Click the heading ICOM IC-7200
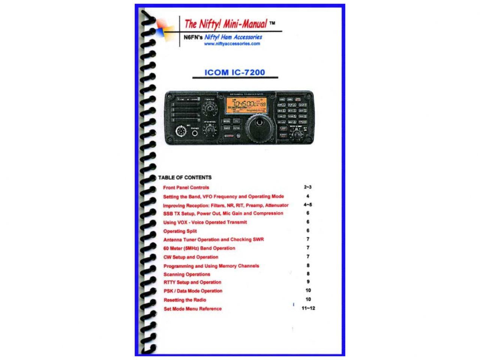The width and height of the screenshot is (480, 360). [x=235, y=72]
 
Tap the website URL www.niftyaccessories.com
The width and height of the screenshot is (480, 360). [x=232, y=44]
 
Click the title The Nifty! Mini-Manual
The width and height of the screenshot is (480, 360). [x=226, y=24]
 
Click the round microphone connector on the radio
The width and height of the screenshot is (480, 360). [x=181, y=132]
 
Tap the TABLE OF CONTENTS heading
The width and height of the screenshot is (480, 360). [x=185, y=178]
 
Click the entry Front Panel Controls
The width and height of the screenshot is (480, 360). [x=186, y=187]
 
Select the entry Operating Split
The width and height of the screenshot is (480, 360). [x=180, y=231]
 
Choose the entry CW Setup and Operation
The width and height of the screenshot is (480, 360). [x=191, y=257]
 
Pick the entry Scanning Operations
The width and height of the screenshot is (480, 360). [x=187, y=274]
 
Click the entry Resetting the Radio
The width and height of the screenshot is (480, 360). [x=185, y=300]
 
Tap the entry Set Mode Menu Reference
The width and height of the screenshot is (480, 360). [x=193, y=309]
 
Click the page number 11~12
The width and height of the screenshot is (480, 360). [x=308, y=308]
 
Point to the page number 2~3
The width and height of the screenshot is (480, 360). [x=308, y=187]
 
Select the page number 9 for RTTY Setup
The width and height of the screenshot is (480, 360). [x=308, y=282]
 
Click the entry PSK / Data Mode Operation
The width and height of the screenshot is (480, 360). [x=193, y=291]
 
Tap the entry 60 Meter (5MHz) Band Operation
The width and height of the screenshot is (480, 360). [x=199, y=248]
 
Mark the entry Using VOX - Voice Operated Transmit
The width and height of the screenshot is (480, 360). [x=205, y=222]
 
